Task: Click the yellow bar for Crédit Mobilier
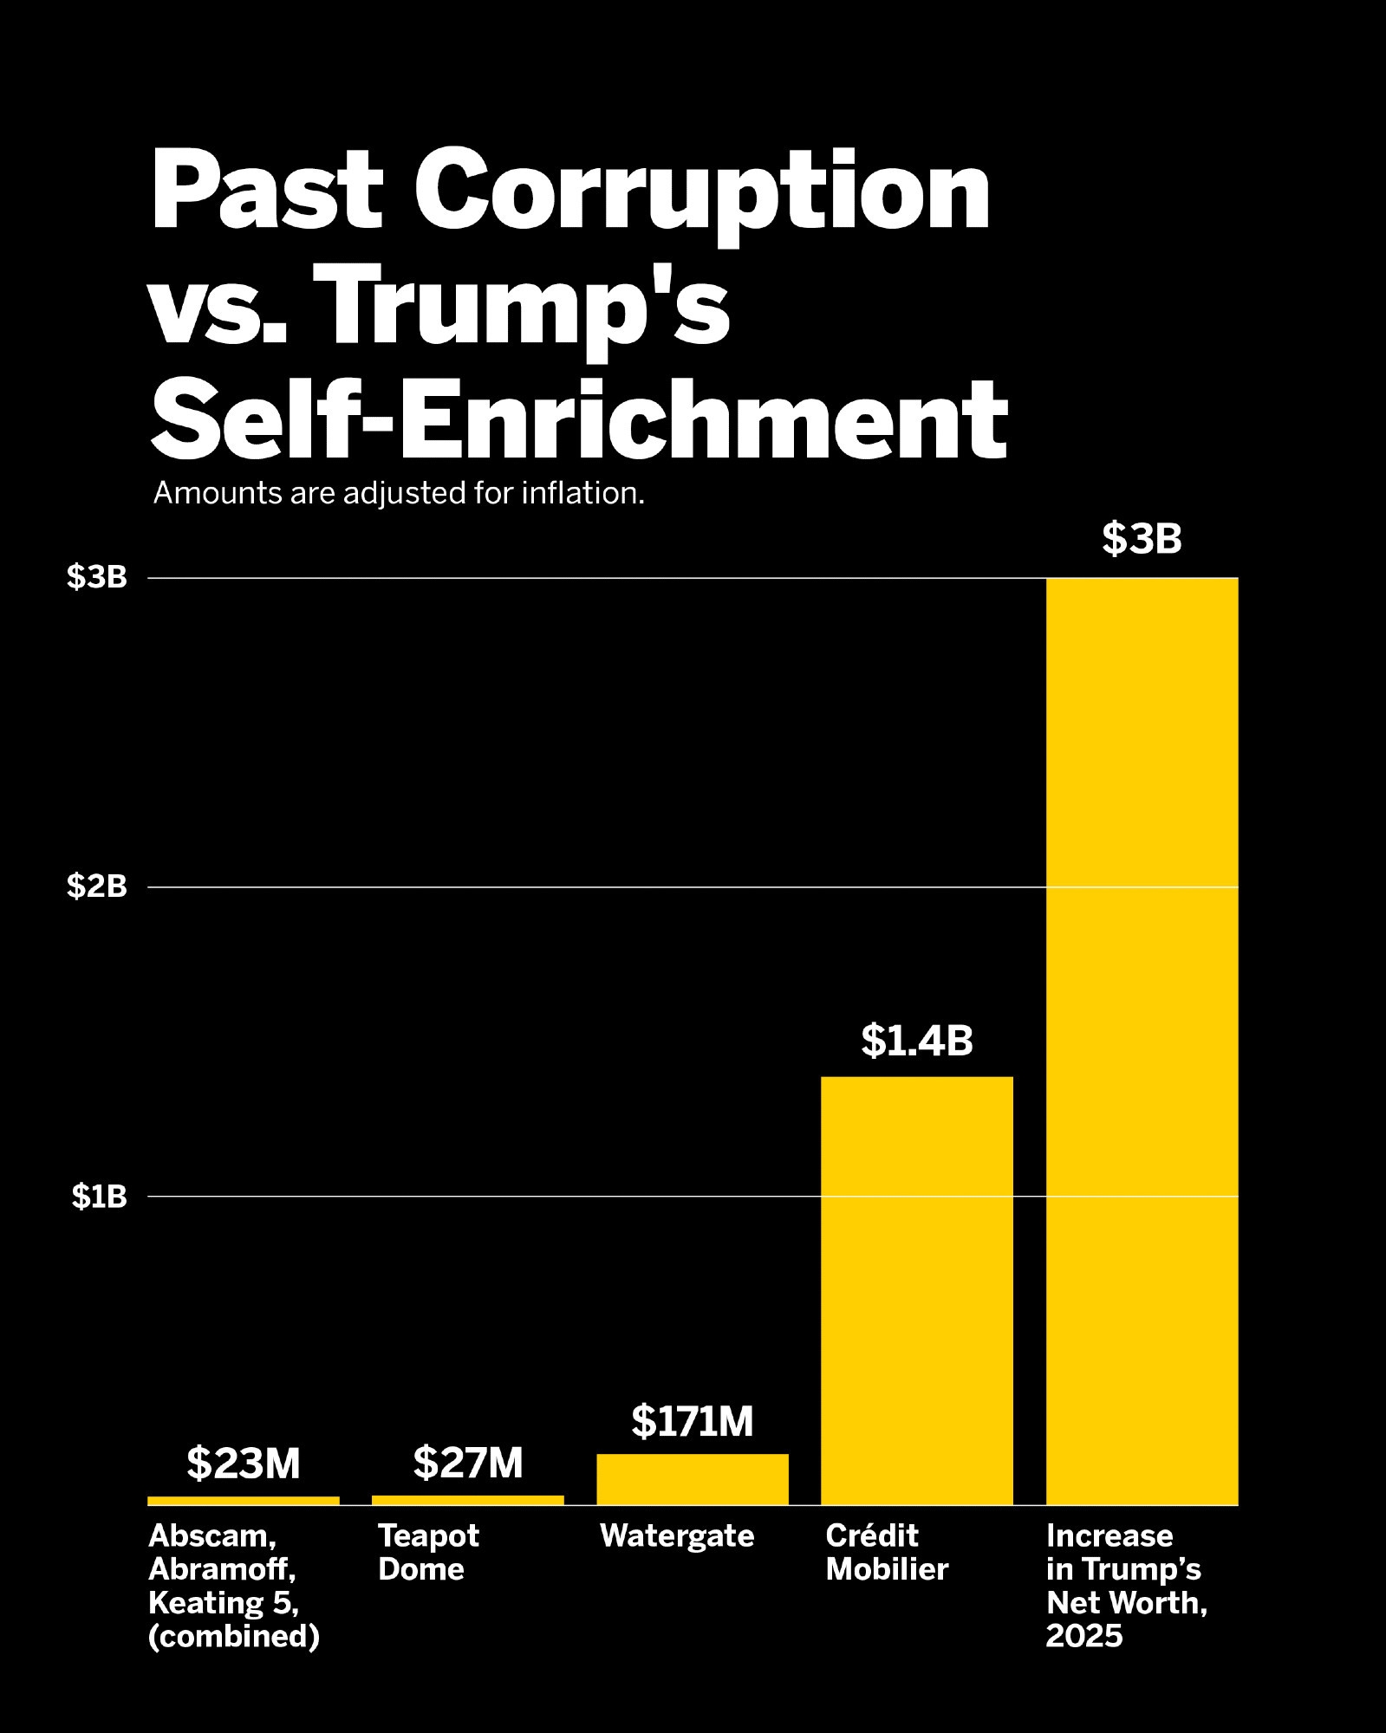[916, 1290]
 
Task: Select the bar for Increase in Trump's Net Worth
[1142, 1040]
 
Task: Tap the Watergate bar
[693, 1479]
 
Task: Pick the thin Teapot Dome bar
[467, 1500]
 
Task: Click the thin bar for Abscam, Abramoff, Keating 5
[244, 1501]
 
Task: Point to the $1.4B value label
[916, 1041]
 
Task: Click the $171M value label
[693, 1421]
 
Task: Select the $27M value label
[468, 1463]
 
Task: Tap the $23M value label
[244, 1464]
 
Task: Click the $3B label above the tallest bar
[1142, 538]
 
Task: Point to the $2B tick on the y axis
[97, 886]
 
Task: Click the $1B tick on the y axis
[99, 1197]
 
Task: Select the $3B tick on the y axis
[97, 577]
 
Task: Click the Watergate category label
[677, 1536]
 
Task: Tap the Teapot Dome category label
[428, 1553]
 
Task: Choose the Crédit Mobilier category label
[887, 1553]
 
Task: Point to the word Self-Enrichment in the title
[579, 420]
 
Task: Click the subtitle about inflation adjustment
[399, 493]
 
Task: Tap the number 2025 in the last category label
[1084, 1636]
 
